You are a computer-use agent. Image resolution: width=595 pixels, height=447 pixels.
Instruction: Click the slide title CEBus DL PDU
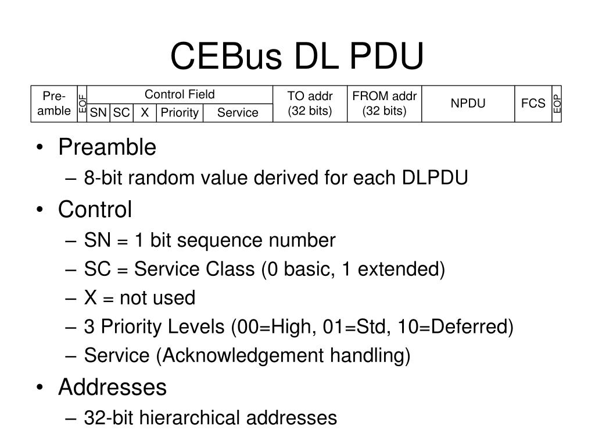point(297,56)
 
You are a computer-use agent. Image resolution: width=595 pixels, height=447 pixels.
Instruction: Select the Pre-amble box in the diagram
point(54,104)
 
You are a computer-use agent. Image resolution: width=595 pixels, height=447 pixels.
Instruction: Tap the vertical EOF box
point(83,104)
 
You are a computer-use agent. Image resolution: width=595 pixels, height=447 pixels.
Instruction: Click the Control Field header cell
point(180,94)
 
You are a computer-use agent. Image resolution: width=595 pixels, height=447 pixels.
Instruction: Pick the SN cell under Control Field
point(98,113)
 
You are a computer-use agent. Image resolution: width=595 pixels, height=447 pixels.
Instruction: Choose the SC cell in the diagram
point(121,113)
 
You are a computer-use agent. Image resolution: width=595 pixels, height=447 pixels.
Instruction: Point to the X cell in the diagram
point(145,113)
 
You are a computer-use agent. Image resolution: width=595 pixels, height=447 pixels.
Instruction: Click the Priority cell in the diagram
point(180,113)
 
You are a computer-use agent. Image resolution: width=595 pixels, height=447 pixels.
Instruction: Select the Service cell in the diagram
point(238,113)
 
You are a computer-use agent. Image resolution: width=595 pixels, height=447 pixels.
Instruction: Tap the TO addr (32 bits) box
point(310,104)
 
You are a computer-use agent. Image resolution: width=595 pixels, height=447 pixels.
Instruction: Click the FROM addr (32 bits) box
point(384,104)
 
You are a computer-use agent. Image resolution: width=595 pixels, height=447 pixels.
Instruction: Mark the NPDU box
point(468,104)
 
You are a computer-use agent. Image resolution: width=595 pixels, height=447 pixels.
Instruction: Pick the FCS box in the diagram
point(533,104)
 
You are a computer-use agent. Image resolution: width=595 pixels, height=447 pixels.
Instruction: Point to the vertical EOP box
point(557,104)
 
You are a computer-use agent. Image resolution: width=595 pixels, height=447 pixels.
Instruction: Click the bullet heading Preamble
point(107,148)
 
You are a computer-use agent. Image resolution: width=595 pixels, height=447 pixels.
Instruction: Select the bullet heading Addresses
point(112,387)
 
